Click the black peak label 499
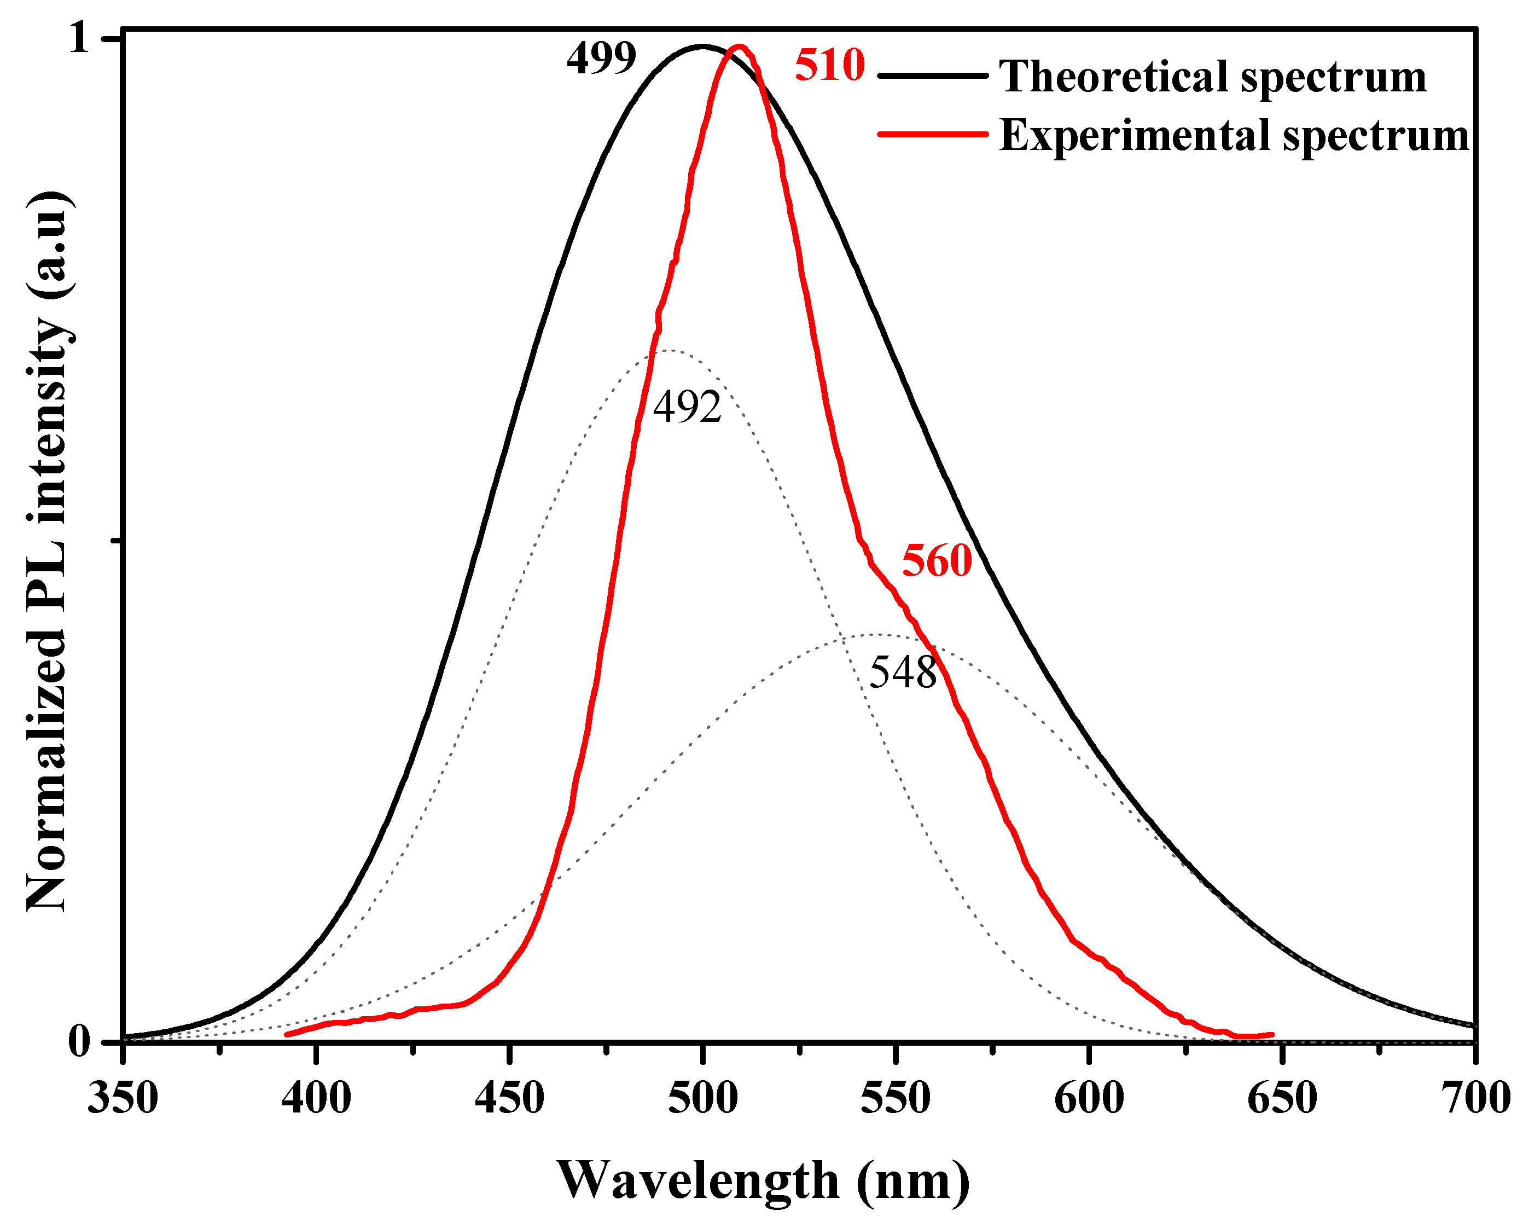(x=601, y=58)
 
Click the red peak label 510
(x=829, y=65)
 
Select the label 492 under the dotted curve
(x=687, y=408)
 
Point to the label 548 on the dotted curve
(x=902, y=672)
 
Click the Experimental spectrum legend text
(x=1234, y=135)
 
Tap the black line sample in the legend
(x=932, y=75)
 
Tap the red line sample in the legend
(x=932, y=134)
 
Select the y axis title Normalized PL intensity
(x=48, y=551)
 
